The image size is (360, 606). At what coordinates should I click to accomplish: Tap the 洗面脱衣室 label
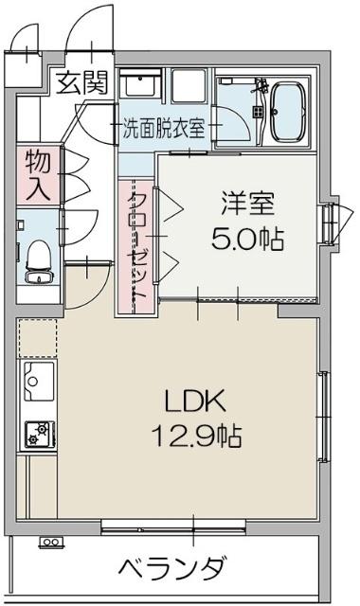(163, 128)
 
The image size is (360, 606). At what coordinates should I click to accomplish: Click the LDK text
(196, 401)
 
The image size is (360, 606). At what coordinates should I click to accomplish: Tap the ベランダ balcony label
(172, 569)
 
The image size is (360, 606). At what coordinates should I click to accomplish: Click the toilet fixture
(39, 258)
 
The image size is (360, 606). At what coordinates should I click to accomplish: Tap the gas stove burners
(39, 435)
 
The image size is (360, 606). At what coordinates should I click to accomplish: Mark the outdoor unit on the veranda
(49, 543)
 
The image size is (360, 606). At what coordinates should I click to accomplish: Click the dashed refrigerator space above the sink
(39, 337)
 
